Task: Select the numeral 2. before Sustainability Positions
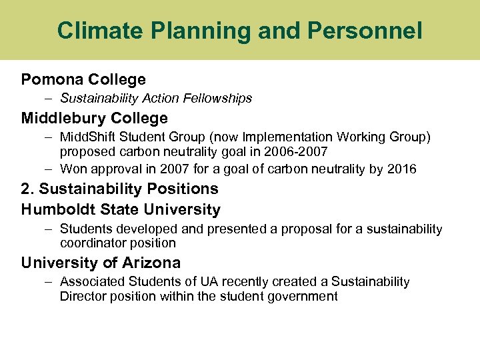28,189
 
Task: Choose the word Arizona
153,263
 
